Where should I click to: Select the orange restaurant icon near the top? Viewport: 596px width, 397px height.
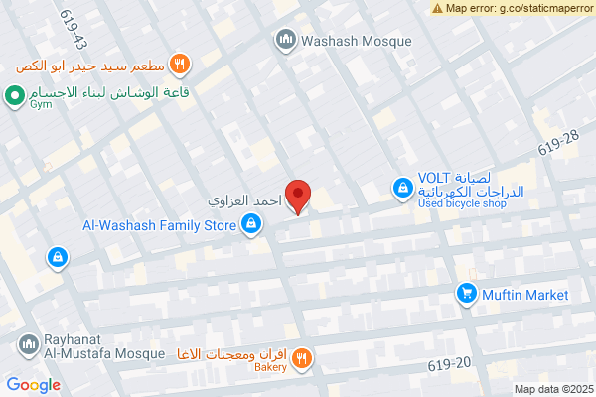click(x=180, y=66)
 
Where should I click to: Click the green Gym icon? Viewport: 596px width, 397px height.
click(x=14, y=96)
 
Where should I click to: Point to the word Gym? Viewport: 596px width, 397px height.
click(x=41, y=102)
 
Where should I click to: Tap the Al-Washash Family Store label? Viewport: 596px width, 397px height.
click(x=160, y=225)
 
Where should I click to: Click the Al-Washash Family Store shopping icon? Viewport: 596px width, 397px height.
click(x=253, y=225)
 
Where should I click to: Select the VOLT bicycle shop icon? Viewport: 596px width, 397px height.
click(x=401, y=186)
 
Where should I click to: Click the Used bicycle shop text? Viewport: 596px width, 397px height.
click(x=462, y=203)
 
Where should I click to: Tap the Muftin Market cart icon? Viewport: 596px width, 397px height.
click(x=465, y=295)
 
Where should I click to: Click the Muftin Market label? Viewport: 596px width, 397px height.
click(x=525, y=295)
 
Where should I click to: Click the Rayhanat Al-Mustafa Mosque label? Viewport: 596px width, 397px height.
click(x=88, y=344)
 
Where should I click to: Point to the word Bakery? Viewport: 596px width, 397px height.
click(x=269, y=367)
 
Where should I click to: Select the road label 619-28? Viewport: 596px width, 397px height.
click(x=558, y=145)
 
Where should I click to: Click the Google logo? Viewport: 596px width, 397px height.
click(x=33, y=385)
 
